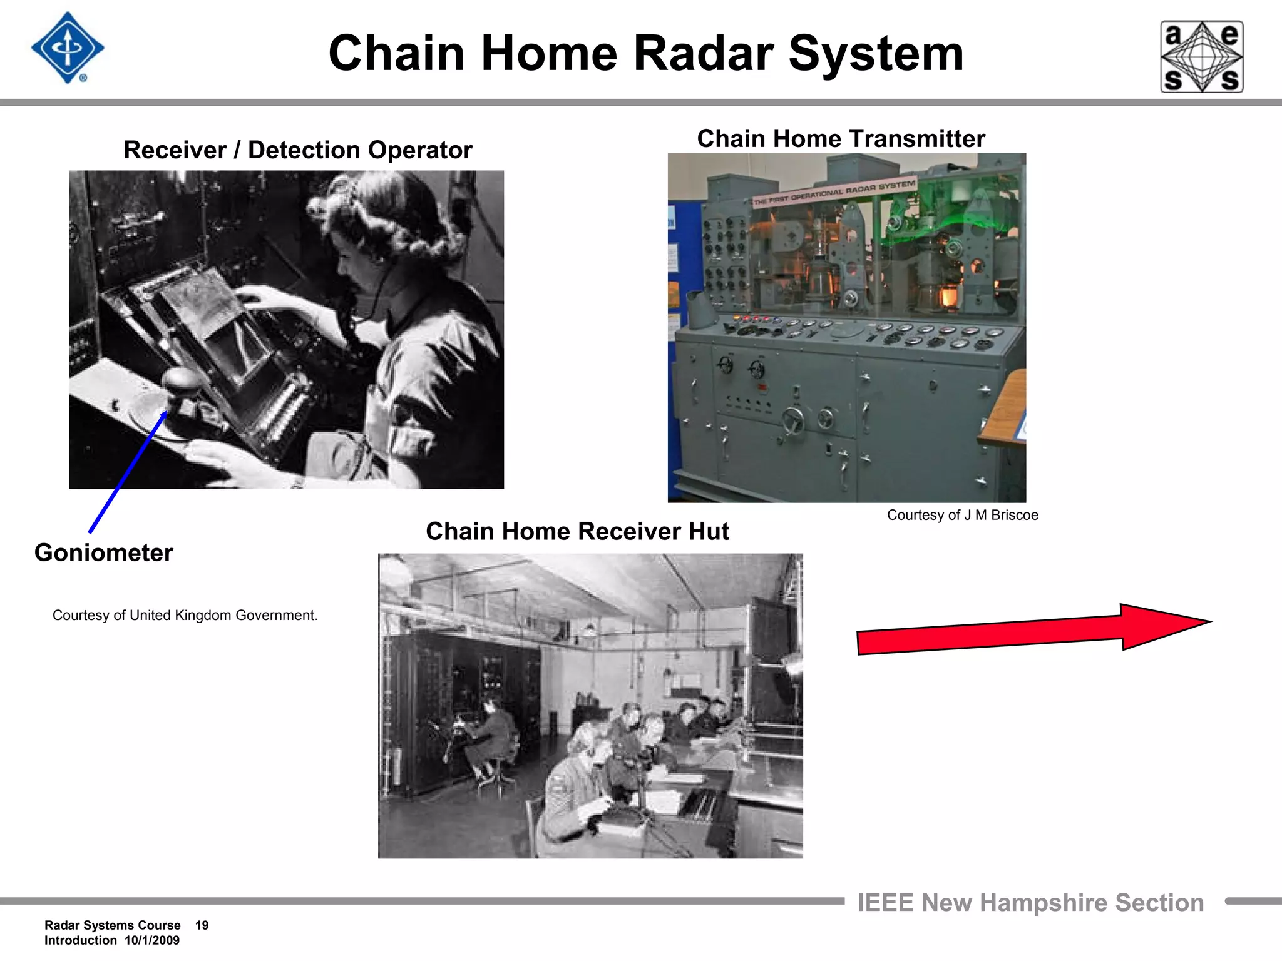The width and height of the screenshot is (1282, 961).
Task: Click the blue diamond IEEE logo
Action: pos(67,48)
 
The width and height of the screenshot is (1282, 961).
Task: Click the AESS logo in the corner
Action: pos(1201,57)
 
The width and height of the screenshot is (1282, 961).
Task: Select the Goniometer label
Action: pos(103,553)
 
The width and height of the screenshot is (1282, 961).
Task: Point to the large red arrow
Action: pos(1033,629)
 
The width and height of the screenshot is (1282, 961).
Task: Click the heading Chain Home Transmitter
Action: pos(841,139)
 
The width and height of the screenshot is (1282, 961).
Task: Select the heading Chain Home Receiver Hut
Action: pos(577,532)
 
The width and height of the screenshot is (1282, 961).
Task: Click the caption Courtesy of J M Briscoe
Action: pos(962,516)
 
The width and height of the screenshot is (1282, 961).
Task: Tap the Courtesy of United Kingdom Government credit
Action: pos(185,616)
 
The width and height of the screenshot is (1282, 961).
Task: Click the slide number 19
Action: pos(202,925)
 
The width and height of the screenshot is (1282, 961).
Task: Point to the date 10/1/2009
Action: pos(151,940)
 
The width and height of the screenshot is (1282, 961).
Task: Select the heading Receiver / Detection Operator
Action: pos(297,150)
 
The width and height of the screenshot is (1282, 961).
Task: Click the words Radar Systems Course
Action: pos(112,925)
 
